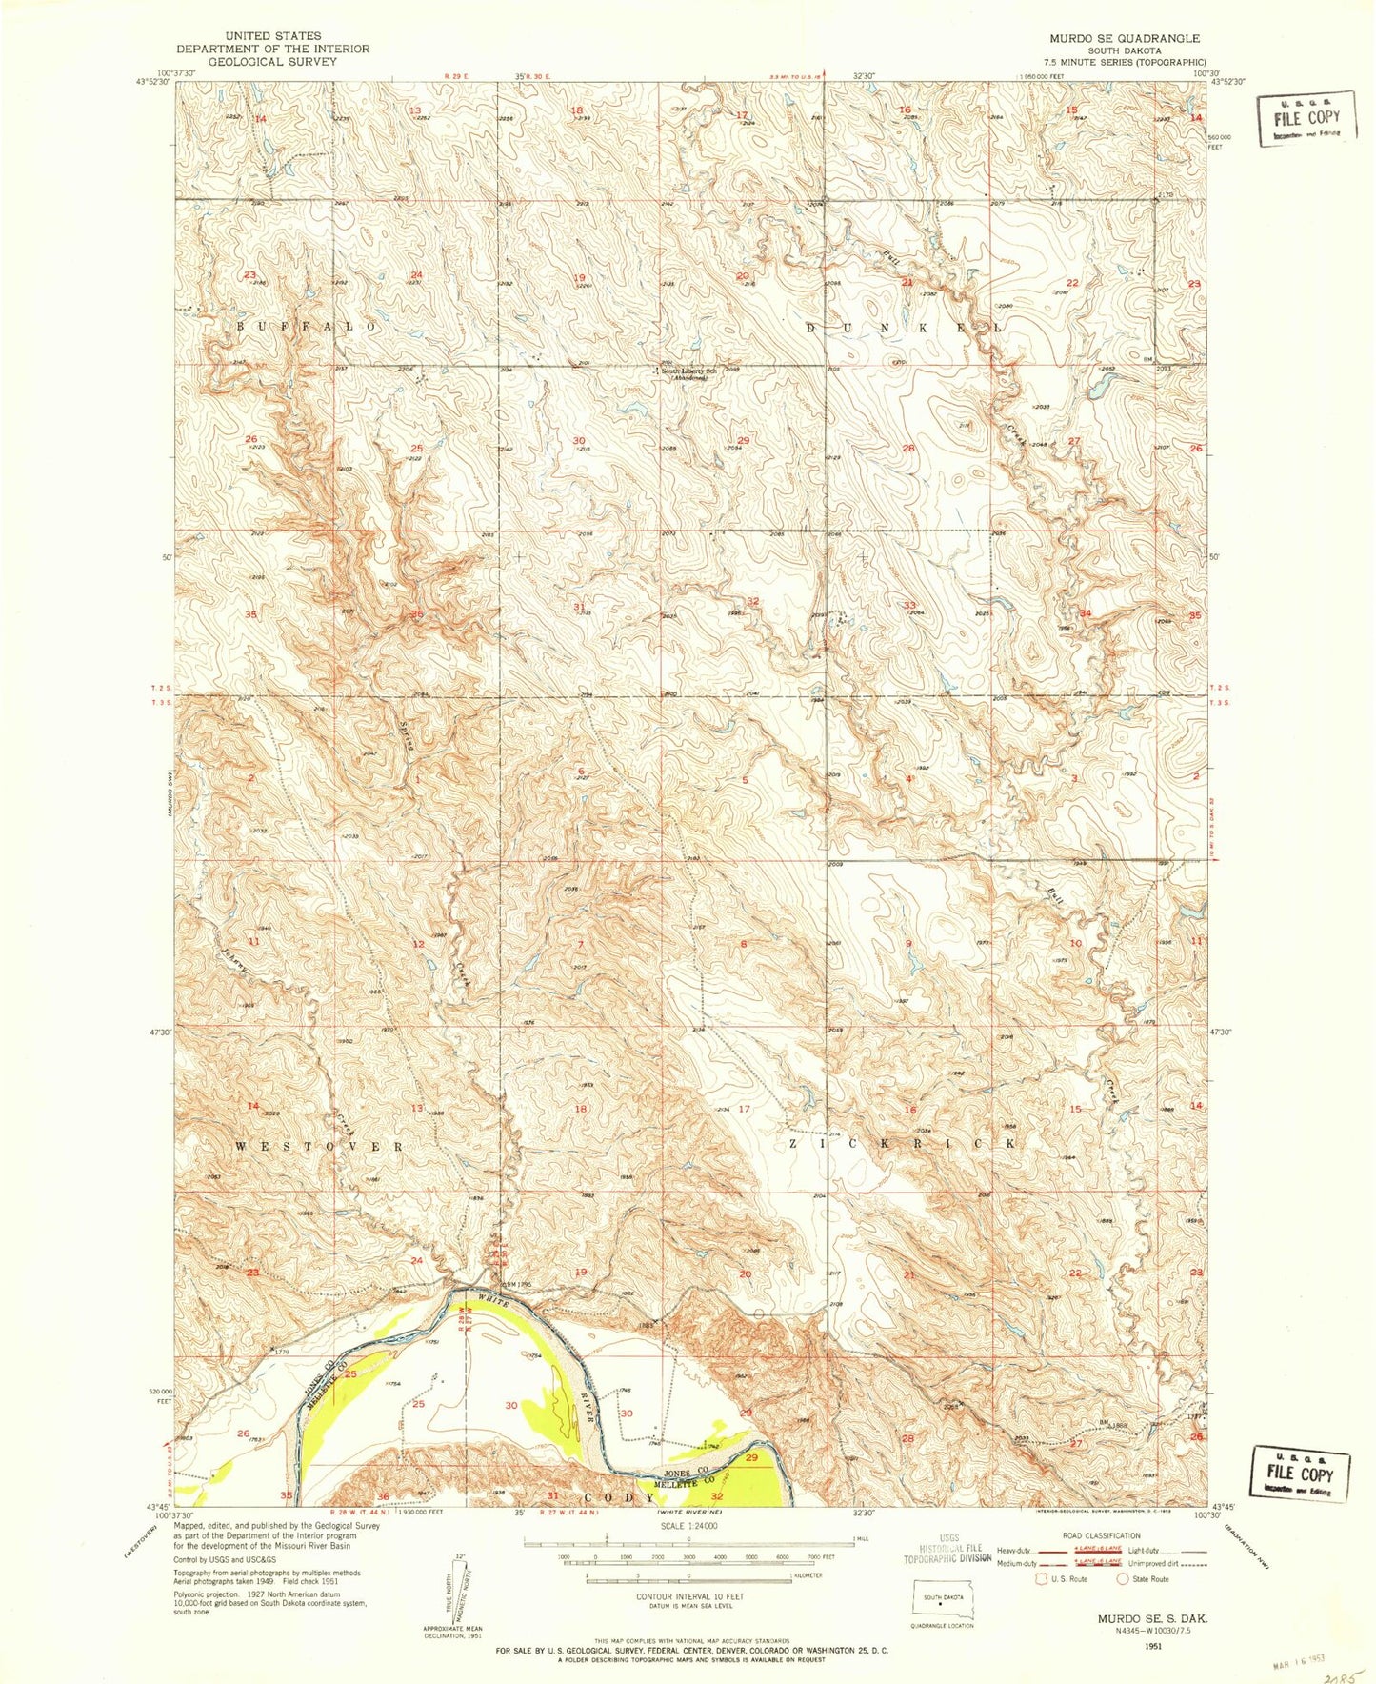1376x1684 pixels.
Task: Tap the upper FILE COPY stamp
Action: click(x=1304, y=118)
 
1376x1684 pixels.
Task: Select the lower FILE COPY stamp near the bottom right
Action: click(x=1300, y=1475)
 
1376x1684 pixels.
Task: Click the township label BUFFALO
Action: click(x=307, y=326)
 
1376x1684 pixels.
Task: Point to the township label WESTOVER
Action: click(x=319, y=1146)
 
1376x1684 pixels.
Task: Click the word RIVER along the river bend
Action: click(x=589, y=1400)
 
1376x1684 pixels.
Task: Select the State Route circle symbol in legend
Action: click(x=1124, y=1578)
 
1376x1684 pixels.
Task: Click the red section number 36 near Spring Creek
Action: click(x=416, y=614)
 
